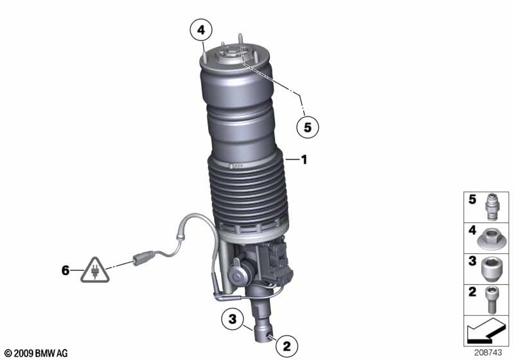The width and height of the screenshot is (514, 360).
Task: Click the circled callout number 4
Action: pos(201,30)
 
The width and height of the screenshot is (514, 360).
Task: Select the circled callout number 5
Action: pos(308,127)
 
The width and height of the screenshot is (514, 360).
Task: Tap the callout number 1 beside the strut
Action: pos(304,160)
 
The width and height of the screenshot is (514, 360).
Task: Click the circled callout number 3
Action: pos(233,318)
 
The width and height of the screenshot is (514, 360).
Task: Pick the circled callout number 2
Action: pos(287,346)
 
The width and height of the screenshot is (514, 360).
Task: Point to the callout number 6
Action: pos(66,271)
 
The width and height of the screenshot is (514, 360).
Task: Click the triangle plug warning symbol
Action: pos(95,271)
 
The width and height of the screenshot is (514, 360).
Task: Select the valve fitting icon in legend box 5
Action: pos(491,207)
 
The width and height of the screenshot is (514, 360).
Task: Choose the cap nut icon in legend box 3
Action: pos(491,269)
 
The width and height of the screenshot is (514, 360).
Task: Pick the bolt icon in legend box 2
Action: pos(491,300)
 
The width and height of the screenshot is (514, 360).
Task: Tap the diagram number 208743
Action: pos(488,353)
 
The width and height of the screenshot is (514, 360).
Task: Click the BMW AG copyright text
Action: pos(36,354)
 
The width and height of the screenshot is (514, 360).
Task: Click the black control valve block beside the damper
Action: pos(279,262)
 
